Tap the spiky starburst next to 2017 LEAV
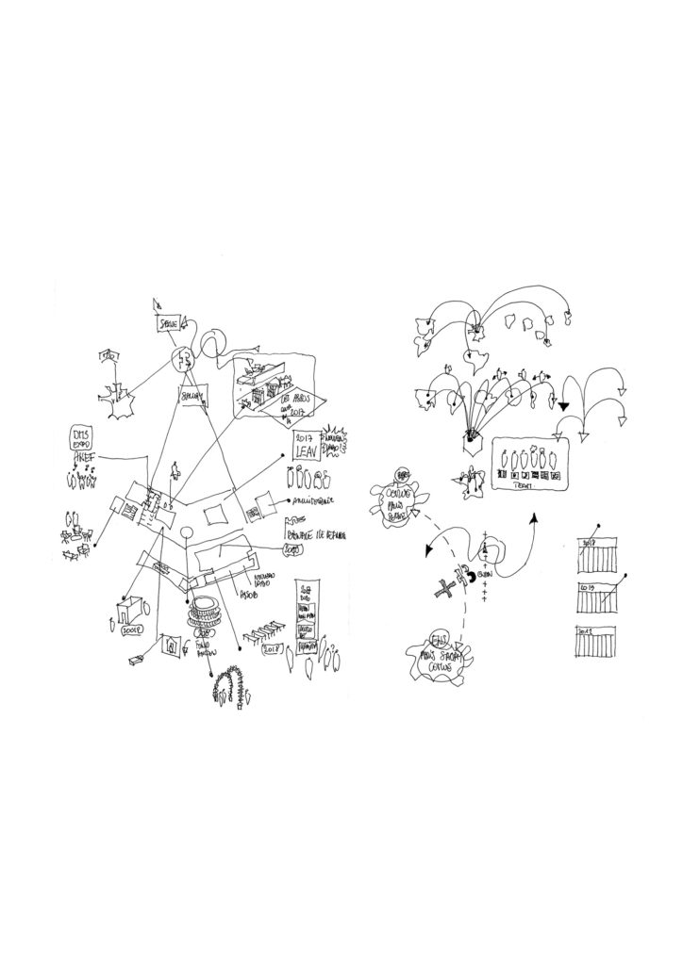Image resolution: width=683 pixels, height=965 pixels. (x=336, y=444)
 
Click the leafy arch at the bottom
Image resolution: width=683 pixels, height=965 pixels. (x=231, y=685)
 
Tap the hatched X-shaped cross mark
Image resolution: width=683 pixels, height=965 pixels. (x=444, y=590)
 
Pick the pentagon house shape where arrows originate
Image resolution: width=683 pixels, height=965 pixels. (x=472, y=441)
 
